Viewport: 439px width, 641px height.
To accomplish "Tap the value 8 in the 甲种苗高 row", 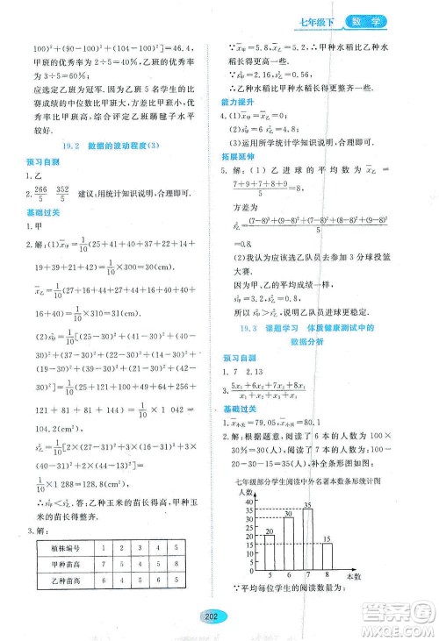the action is click(x=141, y=564).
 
